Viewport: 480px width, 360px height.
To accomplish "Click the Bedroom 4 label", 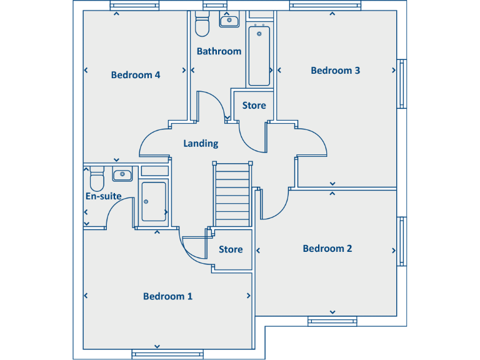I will (136, 75).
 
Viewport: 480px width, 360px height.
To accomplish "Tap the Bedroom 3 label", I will (335, 71).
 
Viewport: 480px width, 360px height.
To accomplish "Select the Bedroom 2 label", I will (327, 249).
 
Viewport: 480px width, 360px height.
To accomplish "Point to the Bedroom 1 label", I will (167, 296).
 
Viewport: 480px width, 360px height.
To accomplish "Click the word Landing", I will (201, 144).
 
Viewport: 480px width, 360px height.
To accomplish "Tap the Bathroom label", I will (219, 51).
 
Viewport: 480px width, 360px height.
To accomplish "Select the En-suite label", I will (103, 196).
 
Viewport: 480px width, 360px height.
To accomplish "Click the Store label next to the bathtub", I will (254, 106).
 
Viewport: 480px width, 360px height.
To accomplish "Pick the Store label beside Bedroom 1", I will (231, 249).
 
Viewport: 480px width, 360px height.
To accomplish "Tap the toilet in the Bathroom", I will (202, 26).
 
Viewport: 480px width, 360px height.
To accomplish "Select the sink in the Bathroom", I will (229, 21).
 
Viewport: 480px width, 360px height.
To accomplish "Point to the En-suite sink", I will (122, 174).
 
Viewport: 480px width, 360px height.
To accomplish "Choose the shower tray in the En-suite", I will (153, 201).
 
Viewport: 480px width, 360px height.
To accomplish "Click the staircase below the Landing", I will (232, 194).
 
